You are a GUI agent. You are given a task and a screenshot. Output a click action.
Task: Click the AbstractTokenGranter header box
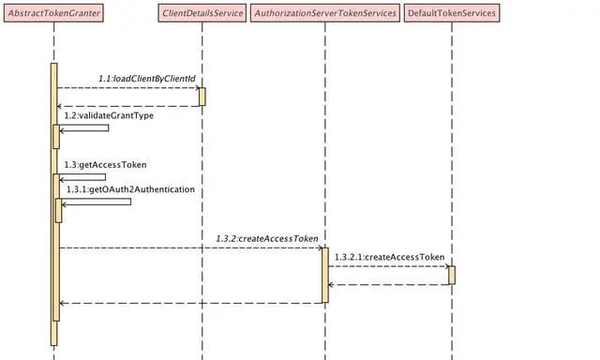pos(54,13)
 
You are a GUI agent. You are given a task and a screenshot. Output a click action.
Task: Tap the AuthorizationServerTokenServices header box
pos(325,13)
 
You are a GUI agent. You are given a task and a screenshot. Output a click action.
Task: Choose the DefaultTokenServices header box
pos(451,13)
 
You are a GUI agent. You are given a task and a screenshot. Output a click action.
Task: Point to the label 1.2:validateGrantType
pos(108,115)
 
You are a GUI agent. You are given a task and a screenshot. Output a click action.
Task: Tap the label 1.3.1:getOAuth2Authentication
pos(130,189)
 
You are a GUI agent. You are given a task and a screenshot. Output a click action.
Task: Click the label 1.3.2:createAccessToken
pos(267,239)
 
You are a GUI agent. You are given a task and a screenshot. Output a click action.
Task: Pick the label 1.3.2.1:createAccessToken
pos(389,257)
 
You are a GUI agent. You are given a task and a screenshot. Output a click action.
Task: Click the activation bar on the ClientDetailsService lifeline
pos(202,97)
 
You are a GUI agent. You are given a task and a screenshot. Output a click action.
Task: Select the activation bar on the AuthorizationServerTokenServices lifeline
pos(325,275)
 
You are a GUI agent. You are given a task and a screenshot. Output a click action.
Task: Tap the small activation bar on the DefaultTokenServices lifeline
pos(451,275)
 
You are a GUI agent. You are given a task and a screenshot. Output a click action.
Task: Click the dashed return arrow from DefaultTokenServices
pos(389,284)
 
